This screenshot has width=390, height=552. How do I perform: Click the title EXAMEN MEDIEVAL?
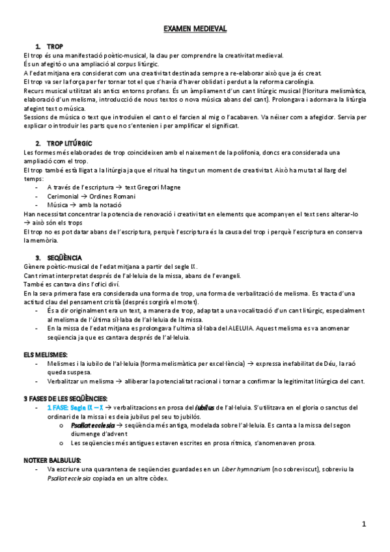(195, 29)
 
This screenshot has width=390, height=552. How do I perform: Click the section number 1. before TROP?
(39, 47)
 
